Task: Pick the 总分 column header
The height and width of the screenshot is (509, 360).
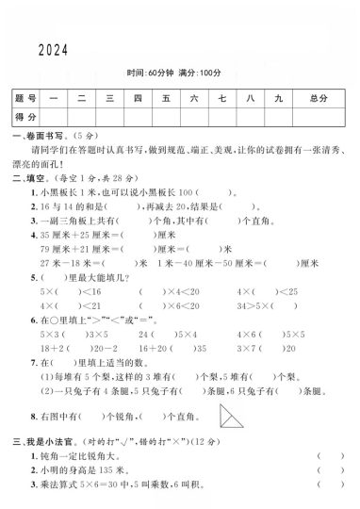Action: point(317,98)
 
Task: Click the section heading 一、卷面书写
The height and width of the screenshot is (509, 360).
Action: point(38,136)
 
